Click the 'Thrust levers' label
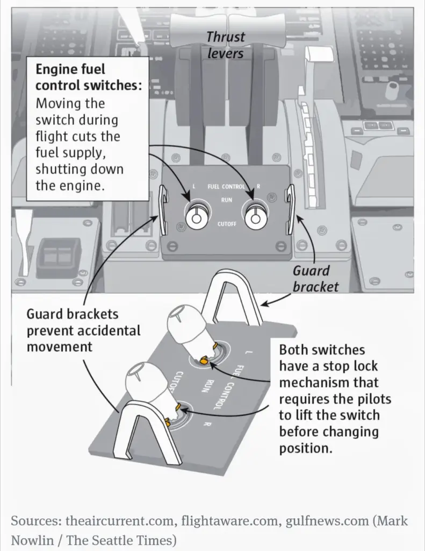(226, 45)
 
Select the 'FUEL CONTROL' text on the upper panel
(226, 187)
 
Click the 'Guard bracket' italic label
(315, 278)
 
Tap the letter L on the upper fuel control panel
(194, 187)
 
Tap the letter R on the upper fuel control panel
(259, 187)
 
